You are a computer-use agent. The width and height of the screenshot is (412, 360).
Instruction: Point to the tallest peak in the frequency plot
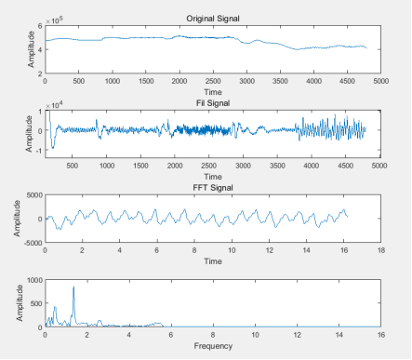pyautogui.click(x=73, y=287)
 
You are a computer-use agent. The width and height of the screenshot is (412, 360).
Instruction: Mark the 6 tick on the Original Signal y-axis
pyautogui.click(x=39, y=27)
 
